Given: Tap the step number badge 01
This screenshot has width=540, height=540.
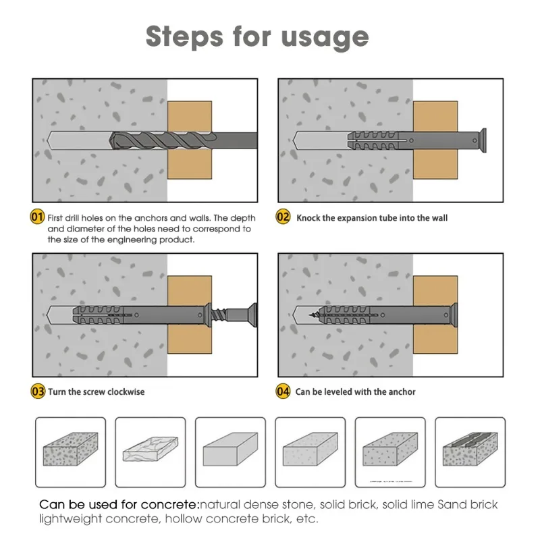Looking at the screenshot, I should click(x=38, y=217).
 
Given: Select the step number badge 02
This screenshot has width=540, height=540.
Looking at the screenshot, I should click(x=284, y=217).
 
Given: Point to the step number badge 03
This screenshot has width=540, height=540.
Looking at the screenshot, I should click(x=38, y=391).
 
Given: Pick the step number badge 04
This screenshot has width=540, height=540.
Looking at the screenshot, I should click(x=284, y=391).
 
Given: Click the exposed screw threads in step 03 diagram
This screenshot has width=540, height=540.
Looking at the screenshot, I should click(x=217, y=315).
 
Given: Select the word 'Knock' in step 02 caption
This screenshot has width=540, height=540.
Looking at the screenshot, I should click(x=308, y=218).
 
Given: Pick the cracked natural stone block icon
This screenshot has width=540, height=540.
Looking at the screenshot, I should click(x=150, y=451).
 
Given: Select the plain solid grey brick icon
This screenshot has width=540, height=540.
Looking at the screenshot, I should click(x=230, y=451).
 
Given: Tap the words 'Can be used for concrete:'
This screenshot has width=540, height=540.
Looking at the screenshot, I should click(x=119, y=505).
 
